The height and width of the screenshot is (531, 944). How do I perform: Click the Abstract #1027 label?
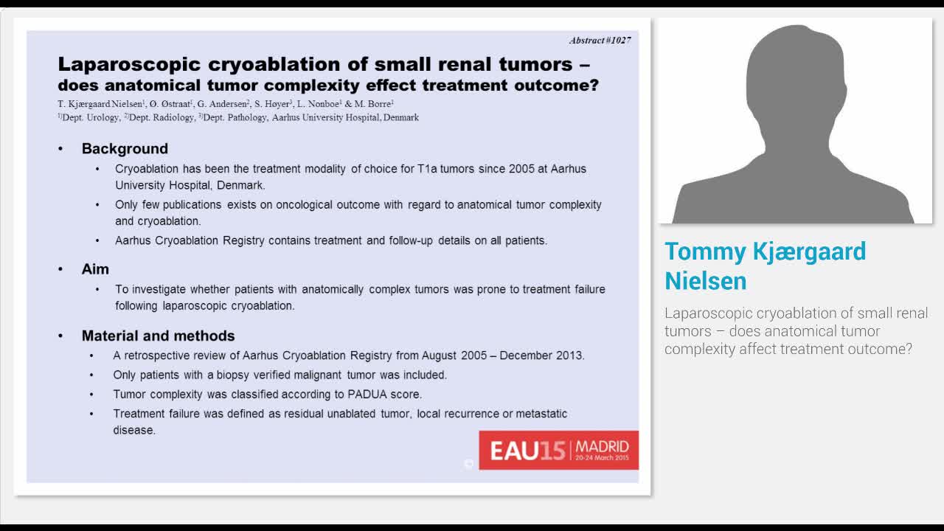pos(600,40)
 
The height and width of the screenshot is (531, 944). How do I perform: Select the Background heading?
pos(125,148)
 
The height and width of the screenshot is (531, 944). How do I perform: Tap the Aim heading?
pos(95,269)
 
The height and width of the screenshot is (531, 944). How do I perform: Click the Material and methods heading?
pos(158,336)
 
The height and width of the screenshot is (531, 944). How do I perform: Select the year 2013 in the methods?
pos(569,355)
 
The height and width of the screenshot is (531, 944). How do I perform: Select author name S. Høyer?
pos(273,104)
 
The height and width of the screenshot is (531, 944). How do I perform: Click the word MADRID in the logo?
pos(602,446)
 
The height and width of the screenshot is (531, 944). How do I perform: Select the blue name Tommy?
pos(703,251)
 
